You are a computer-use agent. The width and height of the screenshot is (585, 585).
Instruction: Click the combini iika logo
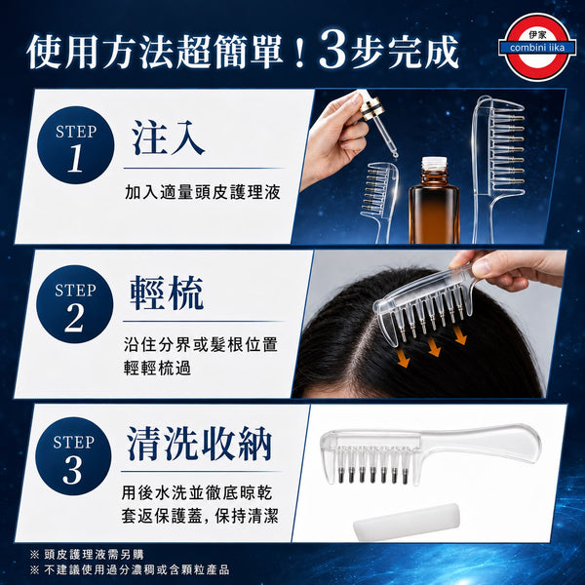[537, 47]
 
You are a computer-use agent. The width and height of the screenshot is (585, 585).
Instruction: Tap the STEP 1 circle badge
[76, 145]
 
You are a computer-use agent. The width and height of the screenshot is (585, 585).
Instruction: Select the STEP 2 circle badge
[75, 303]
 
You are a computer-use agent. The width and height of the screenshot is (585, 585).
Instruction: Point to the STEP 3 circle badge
[73, 456]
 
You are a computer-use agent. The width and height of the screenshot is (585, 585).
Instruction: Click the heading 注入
[169, 138]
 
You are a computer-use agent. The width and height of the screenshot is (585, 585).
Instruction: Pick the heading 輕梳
[167, 293]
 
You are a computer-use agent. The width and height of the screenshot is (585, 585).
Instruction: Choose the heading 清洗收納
[199, 444]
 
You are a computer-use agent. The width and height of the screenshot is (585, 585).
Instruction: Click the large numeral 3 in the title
[333, 51]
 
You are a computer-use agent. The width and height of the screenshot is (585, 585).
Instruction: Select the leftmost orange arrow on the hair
[404, 357]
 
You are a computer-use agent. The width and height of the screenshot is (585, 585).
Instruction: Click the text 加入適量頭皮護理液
[203, 192]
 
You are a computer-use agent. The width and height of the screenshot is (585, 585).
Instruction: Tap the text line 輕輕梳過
[157, 368]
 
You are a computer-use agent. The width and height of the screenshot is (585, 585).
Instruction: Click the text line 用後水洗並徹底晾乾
[197, 492]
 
